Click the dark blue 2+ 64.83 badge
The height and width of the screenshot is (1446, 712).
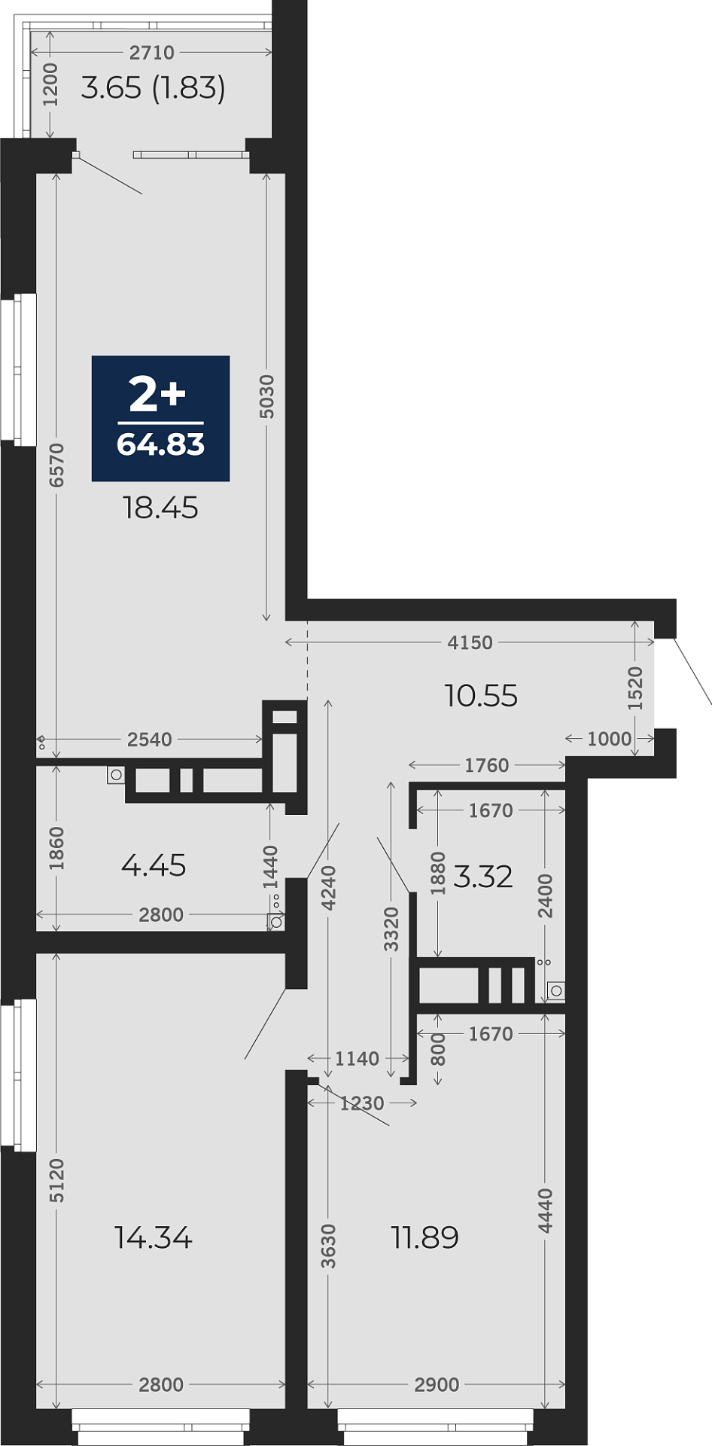coord(160,418)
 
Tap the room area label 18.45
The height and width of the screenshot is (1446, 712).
coord(160,508)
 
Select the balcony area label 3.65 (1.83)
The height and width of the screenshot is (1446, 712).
coord(154,88)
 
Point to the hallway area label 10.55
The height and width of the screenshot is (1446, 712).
coord(481,696)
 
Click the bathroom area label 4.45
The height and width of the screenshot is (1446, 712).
coord(154,865)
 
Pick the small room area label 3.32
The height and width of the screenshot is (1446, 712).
coord(483,877)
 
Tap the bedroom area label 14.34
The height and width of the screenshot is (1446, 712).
coord(154,1237)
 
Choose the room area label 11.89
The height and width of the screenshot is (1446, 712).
coord(425,1237)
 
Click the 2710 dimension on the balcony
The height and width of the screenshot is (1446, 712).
coord(152,53)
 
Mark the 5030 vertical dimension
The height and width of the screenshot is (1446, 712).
coord(266,396)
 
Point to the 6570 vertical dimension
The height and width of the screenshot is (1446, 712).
coord(57,465)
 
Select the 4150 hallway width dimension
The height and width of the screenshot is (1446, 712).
coord(470,642)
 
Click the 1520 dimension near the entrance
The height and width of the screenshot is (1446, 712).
coord(635,688)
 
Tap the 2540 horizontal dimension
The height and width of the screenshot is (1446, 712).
coord(150,740)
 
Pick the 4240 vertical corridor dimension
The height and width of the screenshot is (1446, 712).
coord(328,889)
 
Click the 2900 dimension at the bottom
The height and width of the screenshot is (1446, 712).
coord(437,1384)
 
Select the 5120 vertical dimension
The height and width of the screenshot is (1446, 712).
coord(57,1180)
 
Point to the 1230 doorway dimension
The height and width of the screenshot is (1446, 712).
coord(362,1103)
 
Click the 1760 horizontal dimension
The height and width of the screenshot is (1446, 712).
coord(487,765)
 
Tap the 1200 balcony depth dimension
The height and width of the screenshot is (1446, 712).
coord(50,84)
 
